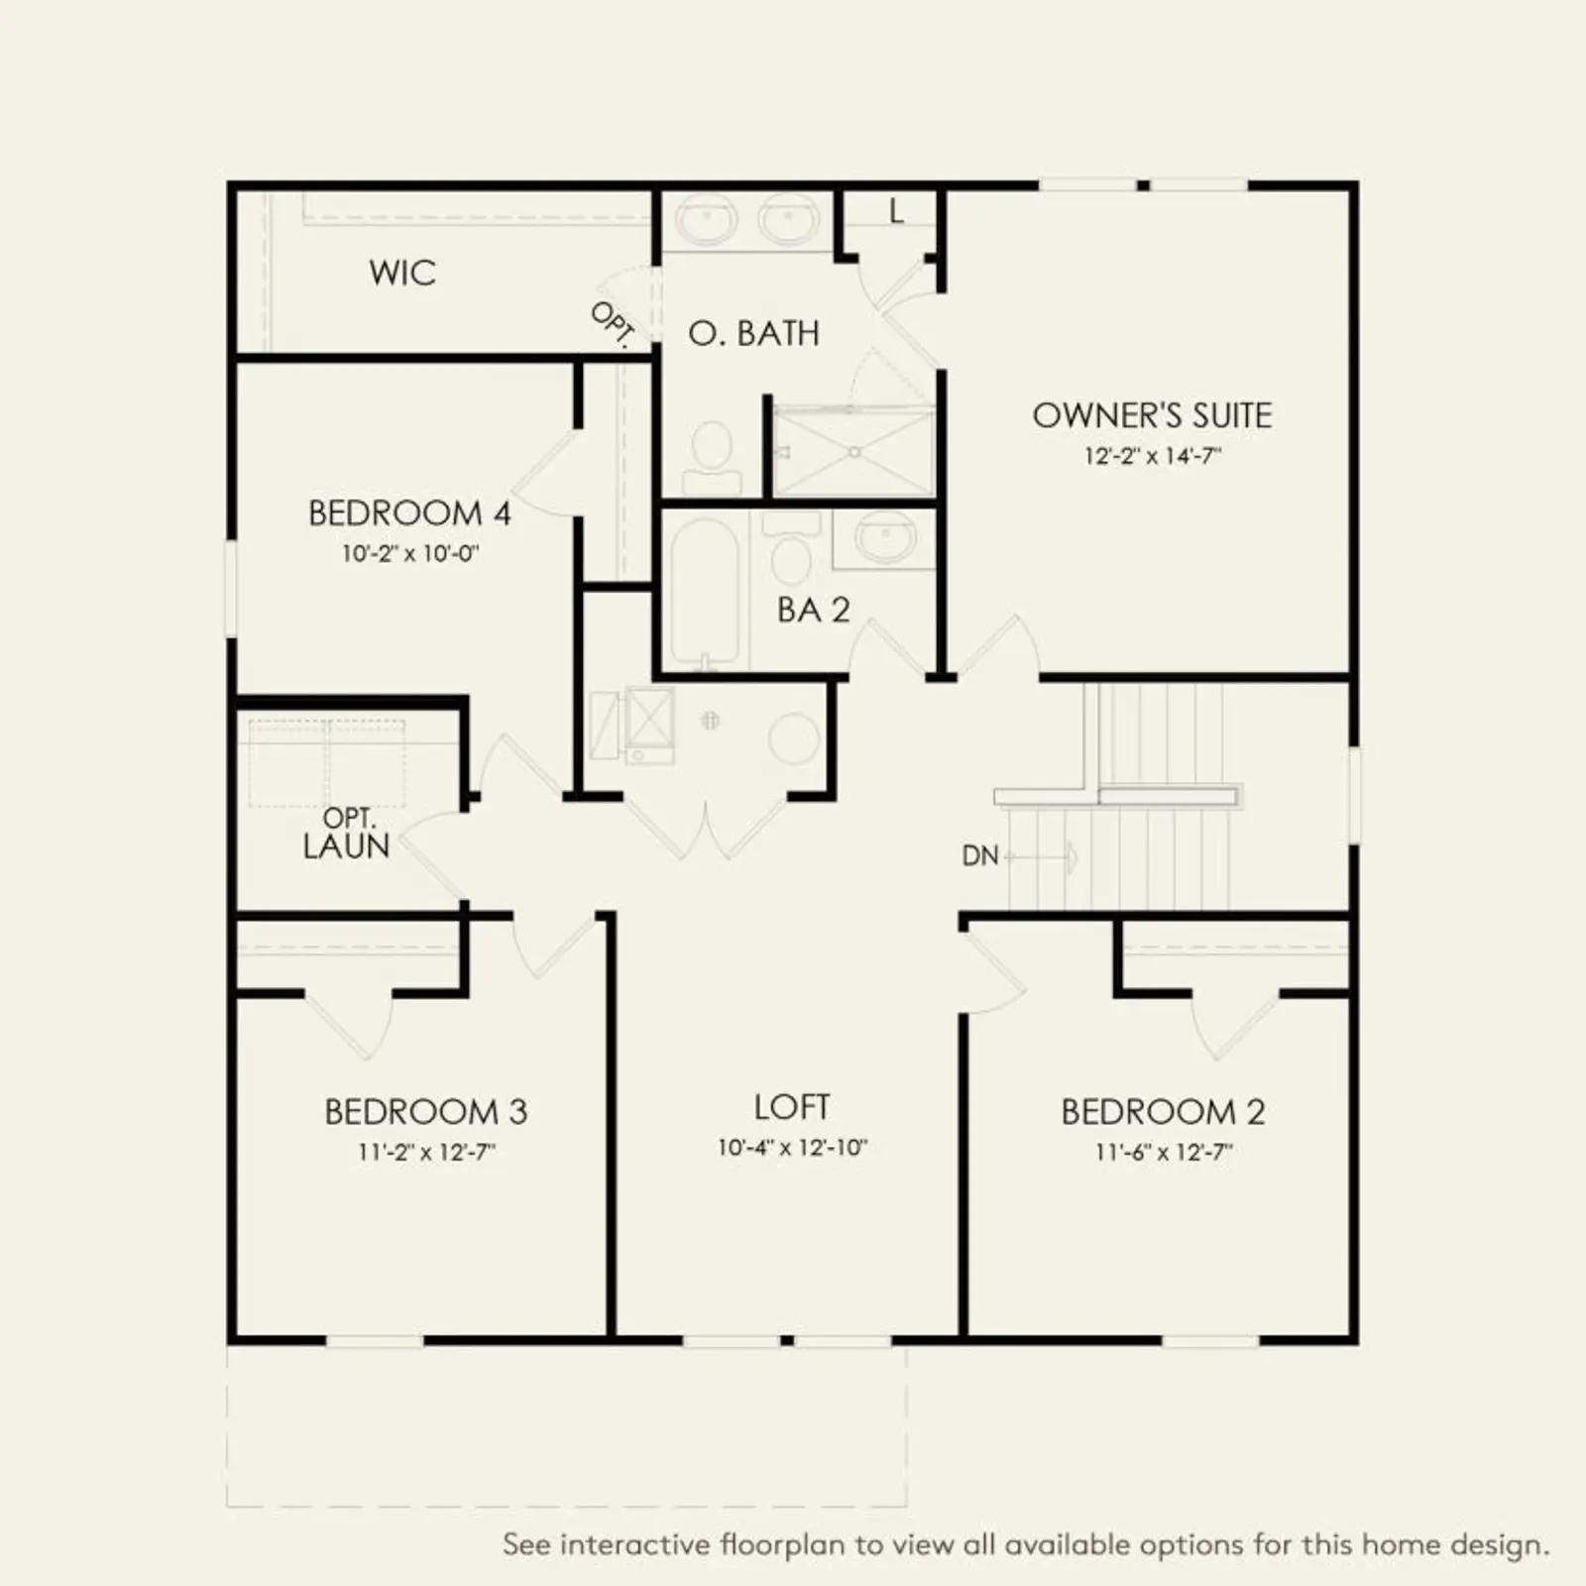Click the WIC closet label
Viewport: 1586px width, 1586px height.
point(402,273)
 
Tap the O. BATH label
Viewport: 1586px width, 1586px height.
point(754,333)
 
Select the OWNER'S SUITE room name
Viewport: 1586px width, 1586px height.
point(1152,415)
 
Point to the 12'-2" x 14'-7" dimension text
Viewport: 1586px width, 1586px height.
point(1152,456)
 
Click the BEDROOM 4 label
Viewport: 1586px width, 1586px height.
point(409,513)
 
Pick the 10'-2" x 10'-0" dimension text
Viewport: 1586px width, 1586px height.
point(409,553)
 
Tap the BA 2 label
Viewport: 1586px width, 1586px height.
point(814,610)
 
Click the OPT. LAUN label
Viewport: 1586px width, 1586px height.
point(346,833)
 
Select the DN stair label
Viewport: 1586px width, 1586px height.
point(980,855)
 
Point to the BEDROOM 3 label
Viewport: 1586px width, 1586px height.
point(425,1111)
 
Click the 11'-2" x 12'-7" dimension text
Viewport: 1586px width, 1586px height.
point(426,1152)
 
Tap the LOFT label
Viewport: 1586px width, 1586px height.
point(792,1106)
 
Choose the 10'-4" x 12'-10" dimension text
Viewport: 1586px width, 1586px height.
point(792,1147)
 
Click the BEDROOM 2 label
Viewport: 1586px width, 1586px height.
point(1163,1111)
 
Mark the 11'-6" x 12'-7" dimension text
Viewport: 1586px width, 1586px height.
point(1164,1152)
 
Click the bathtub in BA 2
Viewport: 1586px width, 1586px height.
point(705,592)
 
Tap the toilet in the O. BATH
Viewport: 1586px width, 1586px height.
point(712,458)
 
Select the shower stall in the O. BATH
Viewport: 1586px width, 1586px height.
point(853,452)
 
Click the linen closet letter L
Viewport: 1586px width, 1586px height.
point(896,211)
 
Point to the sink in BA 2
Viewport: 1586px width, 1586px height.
point(883,540)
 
